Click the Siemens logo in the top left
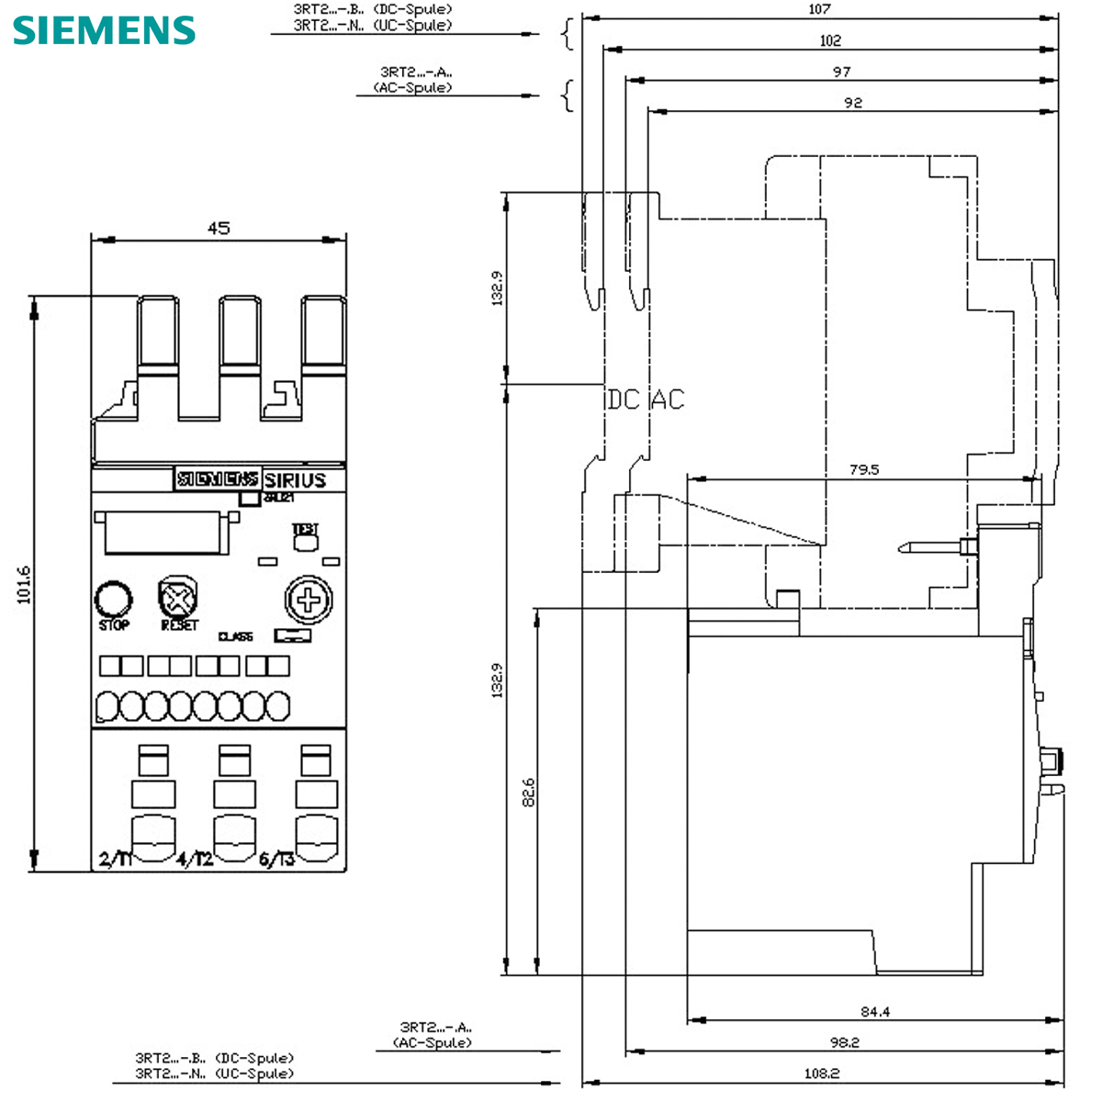point(104,30)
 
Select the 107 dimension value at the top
point(819,9)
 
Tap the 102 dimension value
point(829,40)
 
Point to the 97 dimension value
point(841,72)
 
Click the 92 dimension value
point(853,103)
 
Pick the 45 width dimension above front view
point(218,228)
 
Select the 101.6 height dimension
point(24,584)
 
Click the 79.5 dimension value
point(863,469)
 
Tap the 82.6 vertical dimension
point(528,792)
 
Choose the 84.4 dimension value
point(874,1012)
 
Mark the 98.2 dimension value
point(843,1042)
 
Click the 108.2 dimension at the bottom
point(821,1073)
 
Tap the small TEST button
point(305,539)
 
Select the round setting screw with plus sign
point(309,601)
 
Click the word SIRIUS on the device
point(295,480)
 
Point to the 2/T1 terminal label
point(116,860)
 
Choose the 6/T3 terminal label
point(276,860)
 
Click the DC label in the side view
point(622,400)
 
